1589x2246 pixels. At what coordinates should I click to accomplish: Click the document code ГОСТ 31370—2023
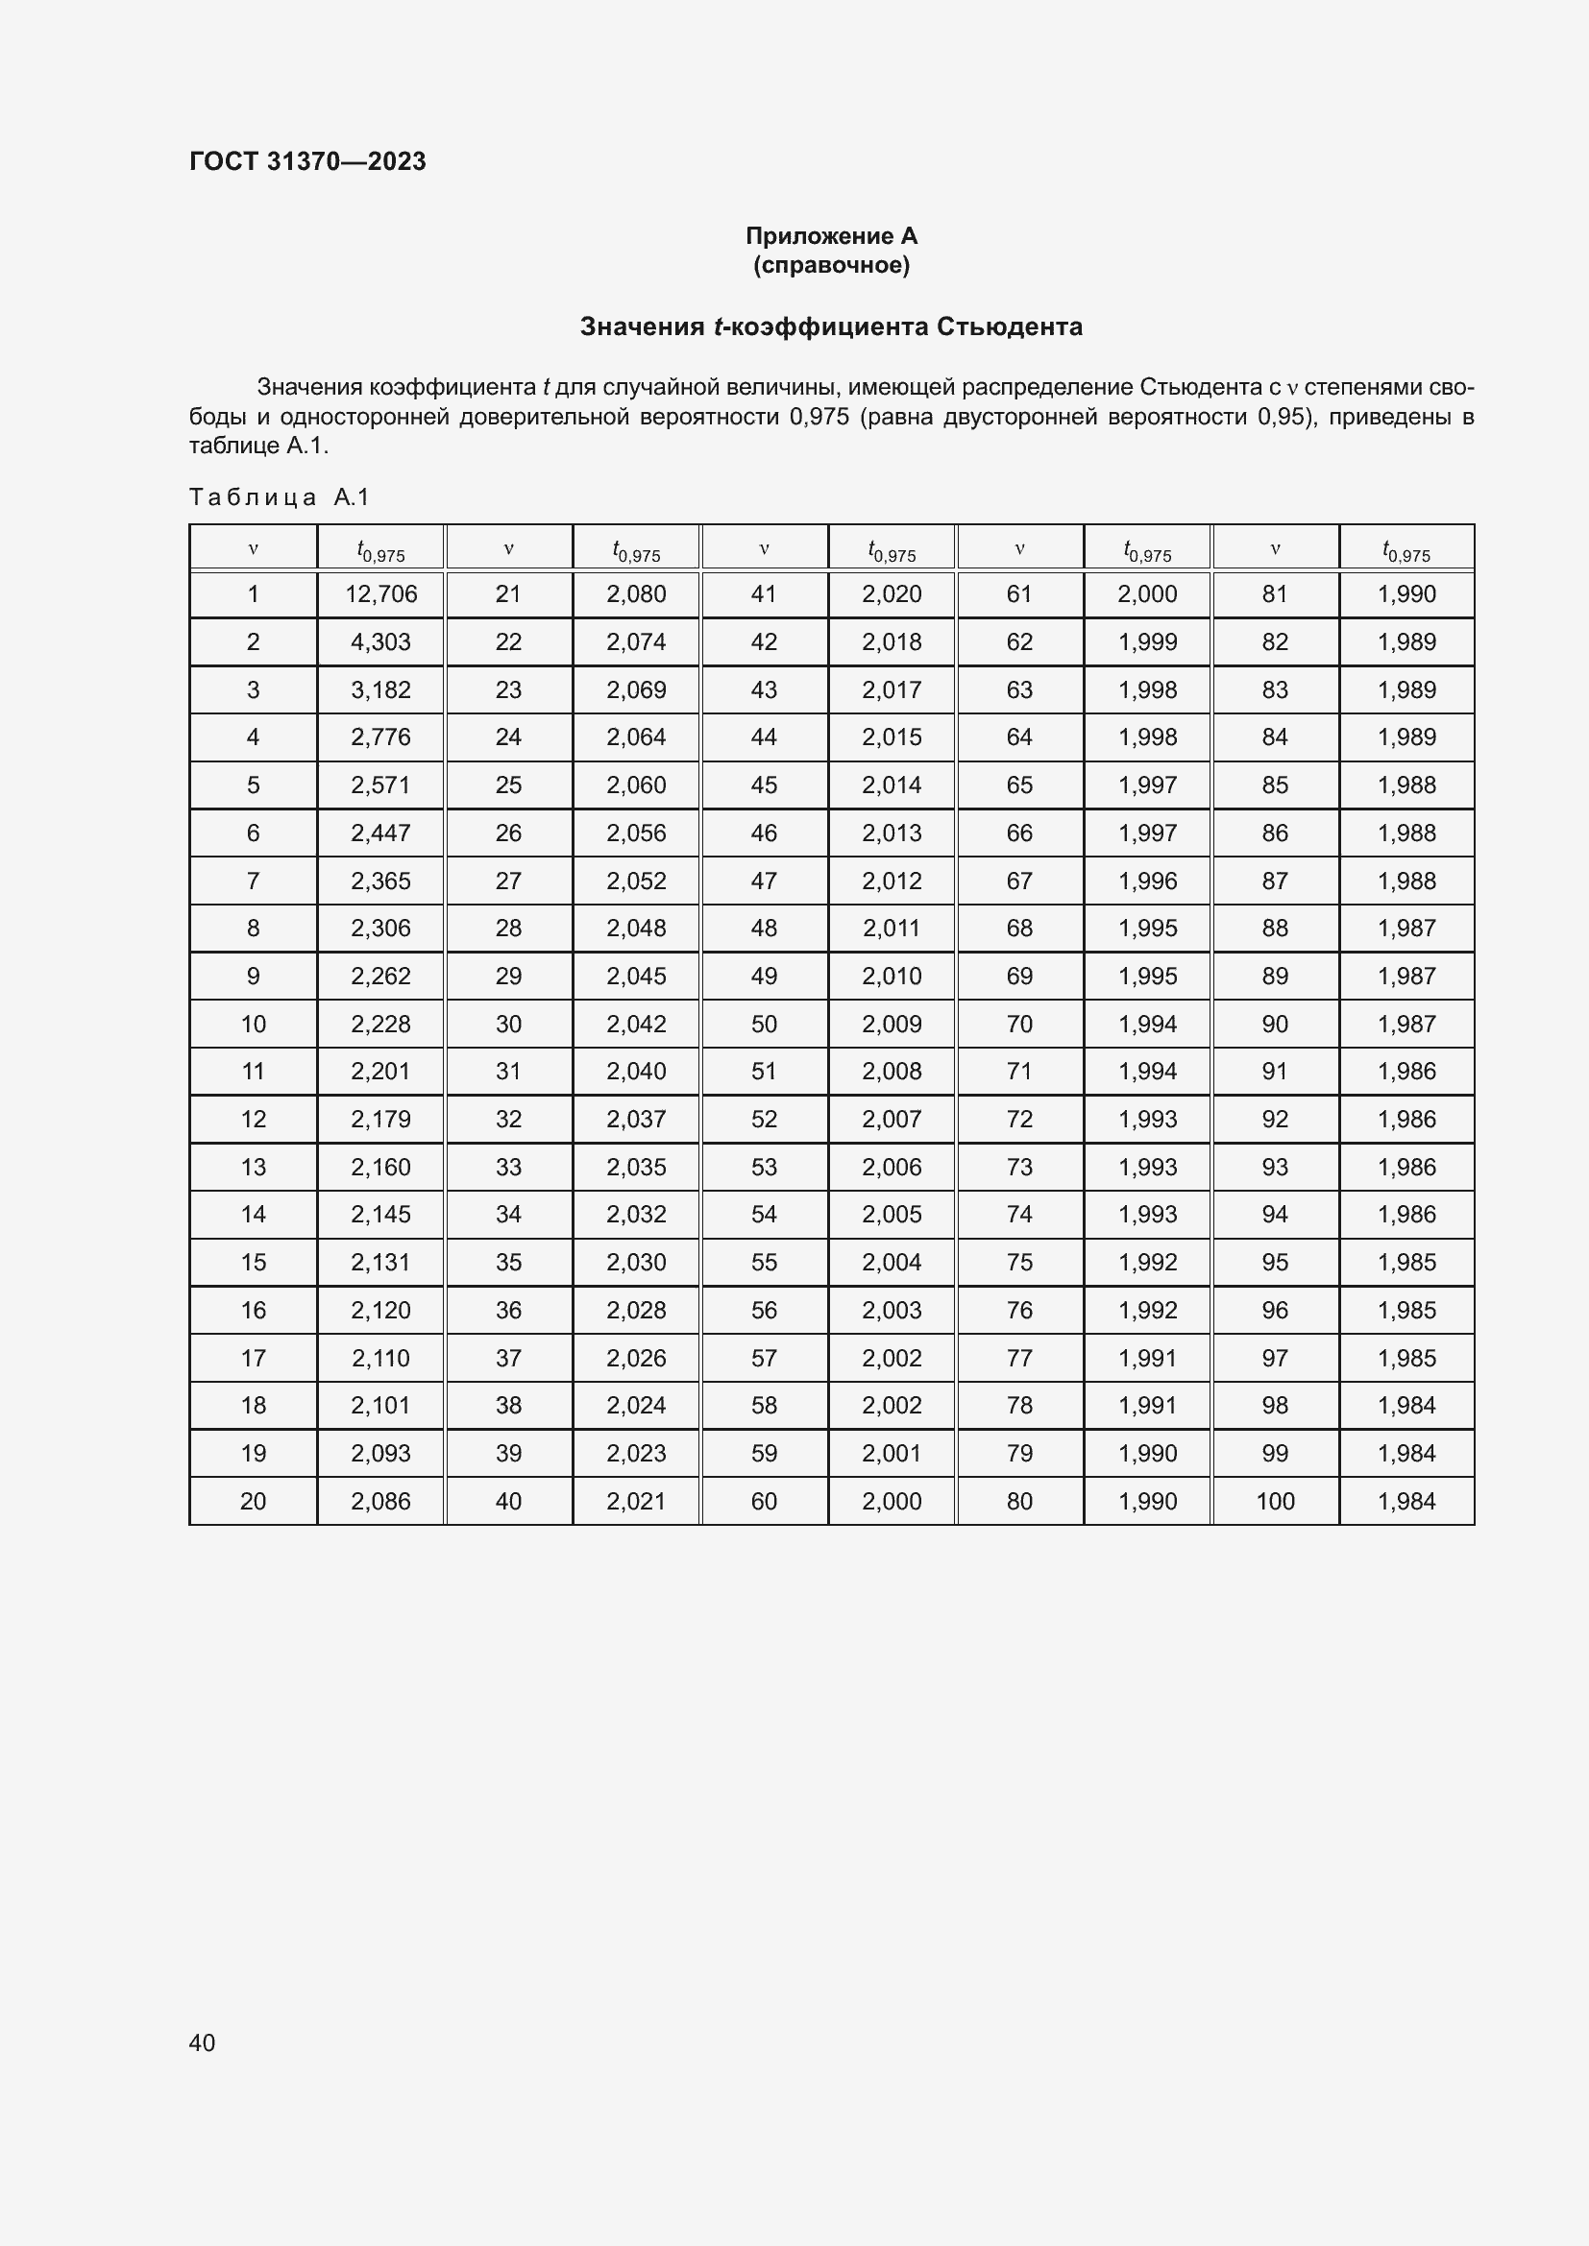click(x=307, y=161)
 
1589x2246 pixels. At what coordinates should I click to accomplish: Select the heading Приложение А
click(x=831, y=236)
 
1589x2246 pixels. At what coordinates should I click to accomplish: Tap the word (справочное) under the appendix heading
click(x=831, y=265)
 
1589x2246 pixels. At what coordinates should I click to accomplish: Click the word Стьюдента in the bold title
click(x=1009, y=326)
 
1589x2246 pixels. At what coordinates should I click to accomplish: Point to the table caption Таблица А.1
click(x=279, y=497)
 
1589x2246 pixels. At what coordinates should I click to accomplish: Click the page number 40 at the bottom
click(x=202, y=2042)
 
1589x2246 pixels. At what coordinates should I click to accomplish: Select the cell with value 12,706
click(x=380, y=593)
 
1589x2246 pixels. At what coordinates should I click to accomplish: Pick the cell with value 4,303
click(x=380, y=641)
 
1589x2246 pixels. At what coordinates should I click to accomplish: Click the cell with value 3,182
click(x=380, y=689)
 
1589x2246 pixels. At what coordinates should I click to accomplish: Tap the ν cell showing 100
click(x=1275, y=1501)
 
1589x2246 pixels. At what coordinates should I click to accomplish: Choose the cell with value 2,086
click(x=380, y=1501)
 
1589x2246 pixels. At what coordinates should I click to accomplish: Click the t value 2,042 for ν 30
click(x=636, y=1024)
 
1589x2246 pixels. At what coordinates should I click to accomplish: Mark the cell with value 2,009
click(x=892, y=1024)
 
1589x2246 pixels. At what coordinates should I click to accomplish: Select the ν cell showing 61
click(x=1019, y=593)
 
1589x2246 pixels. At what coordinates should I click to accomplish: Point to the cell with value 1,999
click(x=1148, y=641)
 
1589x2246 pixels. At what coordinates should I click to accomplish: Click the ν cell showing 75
click(x=1019, y=1262)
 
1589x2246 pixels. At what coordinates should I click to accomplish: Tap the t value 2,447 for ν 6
click(x=380, y=833)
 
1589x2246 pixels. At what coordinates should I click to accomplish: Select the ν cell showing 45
click(x=763, y=785)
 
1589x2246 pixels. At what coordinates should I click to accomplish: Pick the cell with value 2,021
click(x=636, y=1501)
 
